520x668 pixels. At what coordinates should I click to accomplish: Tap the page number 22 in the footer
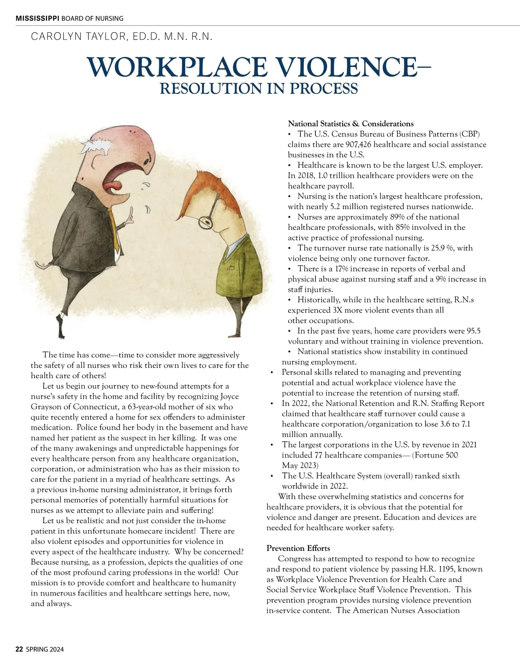point(19,649)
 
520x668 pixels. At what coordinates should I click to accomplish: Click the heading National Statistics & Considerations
point(351,124)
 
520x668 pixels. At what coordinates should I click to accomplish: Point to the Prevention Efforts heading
point(298,548)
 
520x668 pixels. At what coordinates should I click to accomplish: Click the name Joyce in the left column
point(229,396)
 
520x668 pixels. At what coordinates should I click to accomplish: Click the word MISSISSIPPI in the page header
point(37,18)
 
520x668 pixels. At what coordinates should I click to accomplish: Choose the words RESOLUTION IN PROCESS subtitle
point(259,88)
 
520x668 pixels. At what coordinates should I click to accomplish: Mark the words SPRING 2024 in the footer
point(45,649)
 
